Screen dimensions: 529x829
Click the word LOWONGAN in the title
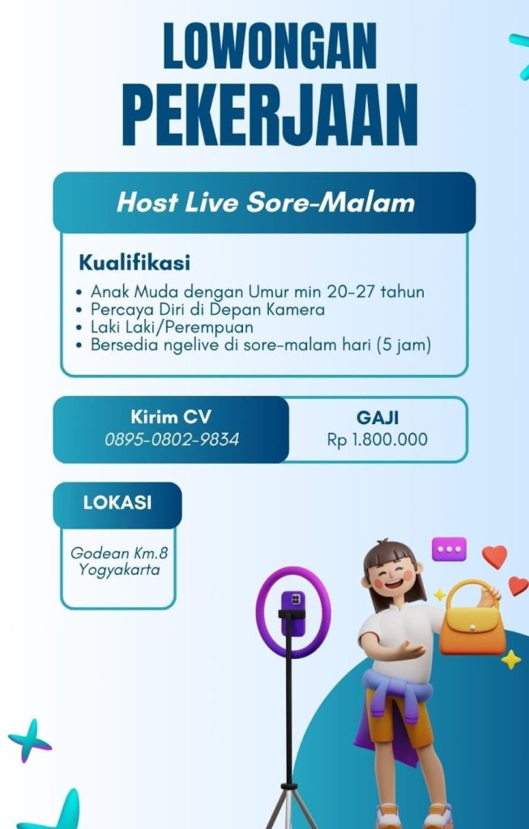tap(270, 46)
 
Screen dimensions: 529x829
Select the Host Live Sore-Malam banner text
tap(266, 202)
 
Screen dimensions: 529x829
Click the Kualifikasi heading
tap(134, 263)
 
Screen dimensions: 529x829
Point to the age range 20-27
tap(351, 291)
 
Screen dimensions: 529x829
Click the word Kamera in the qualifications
tap(295, 309)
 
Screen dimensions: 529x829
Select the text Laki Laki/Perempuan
tap(172, 327)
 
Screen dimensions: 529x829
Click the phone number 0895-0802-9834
tap(172, 440)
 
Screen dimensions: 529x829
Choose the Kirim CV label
tap(171, 417)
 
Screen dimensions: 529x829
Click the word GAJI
tap(378, 418)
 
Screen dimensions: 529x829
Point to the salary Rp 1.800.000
tap(378, 440)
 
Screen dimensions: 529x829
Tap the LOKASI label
tap(117, 502)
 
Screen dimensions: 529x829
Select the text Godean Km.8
tap(119, 553)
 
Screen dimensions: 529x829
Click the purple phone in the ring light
tap(293, 614)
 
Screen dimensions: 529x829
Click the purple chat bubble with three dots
tap(449, 550)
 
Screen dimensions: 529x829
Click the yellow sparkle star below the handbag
tap(511, 659)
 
